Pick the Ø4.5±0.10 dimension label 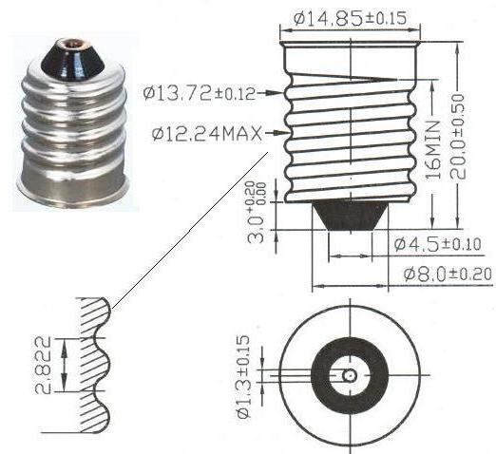(x=437, y=245)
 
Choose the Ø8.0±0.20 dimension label (x=443, y=274)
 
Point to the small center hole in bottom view (x=350, y=375)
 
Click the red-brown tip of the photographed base (x=70, y=44)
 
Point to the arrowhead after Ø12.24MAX (x=280, y=132)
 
